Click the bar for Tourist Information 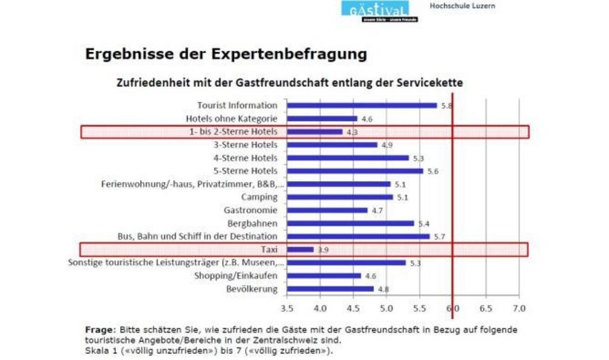tap(361, 105)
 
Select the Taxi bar tap(300, 249)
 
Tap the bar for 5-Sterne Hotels tap(354, 171)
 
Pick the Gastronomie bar tap(327, 210)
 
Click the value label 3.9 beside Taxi tap(323, 250)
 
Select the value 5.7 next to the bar tap(440, 237)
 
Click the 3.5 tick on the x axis tap(286, 307)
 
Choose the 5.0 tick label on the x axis tap(385, 307)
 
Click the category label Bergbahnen tap(253, 223)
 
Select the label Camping tap(258, 197)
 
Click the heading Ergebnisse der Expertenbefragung tap(226, 54)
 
